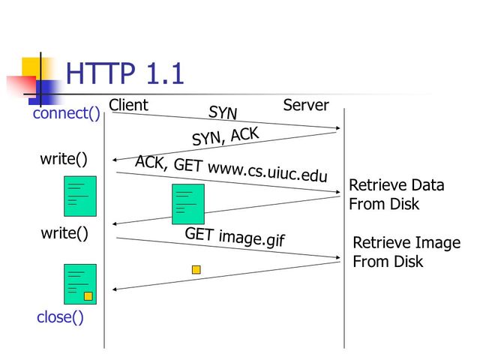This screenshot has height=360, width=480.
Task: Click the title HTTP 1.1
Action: pyautogui.click(x=124, y=74)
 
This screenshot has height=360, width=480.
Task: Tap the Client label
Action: pyautogui.click(x=128, y=105)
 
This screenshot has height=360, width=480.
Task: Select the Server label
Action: pyautogui.click(x=306, y=105)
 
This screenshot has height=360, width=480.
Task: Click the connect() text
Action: pyautogui.click(x=66, y=114)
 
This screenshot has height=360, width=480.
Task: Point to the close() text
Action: pyautogui.click(x=60, y=317)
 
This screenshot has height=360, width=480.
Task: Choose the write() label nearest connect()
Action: pyautogui.click(x=64, y=159)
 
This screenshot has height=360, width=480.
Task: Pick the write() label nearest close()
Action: pyautogui.click(x=64, y=233)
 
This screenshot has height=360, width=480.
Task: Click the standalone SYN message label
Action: pyautogui.click(x=223, y=113)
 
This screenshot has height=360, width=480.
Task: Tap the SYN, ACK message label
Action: pyautogui.click(x=225, y=136)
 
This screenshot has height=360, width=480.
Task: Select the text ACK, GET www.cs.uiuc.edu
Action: pyautogui.click(x=231, y=169)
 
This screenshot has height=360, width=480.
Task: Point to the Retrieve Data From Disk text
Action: pyautogui.click(x=396, y=194)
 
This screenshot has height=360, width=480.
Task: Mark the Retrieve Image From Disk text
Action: pyautogui.click(x=406, y=252)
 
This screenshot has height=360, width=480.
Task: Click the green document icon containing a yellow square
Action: pyautogui.click(x=80, y=283)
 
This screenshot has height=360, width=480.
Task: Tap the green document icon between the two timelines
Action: pyautogui.click(x=187, y=204)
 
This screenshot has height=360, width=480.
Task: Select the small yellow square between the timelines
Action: pyautogui.click(x=196, y=269)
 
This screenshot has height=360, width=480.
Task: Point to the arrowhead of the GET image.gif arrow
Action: pyautogui.click(x=338, y=258)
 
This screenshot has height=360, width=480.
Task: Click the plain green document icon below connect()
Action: pyautogui.click(x=80, y=196)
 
